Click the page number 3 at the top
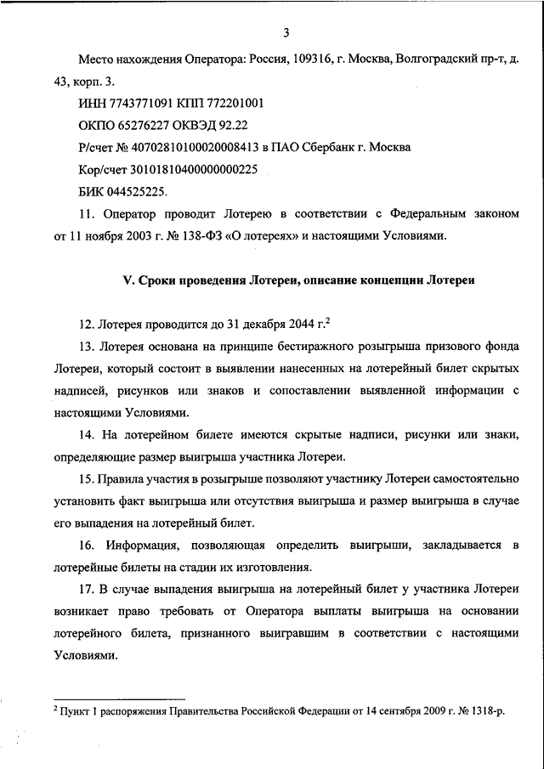click(x=286, y=33)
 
